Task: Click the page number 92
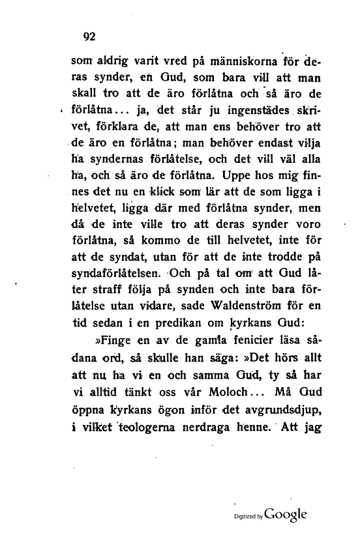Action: click(85, 36)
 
